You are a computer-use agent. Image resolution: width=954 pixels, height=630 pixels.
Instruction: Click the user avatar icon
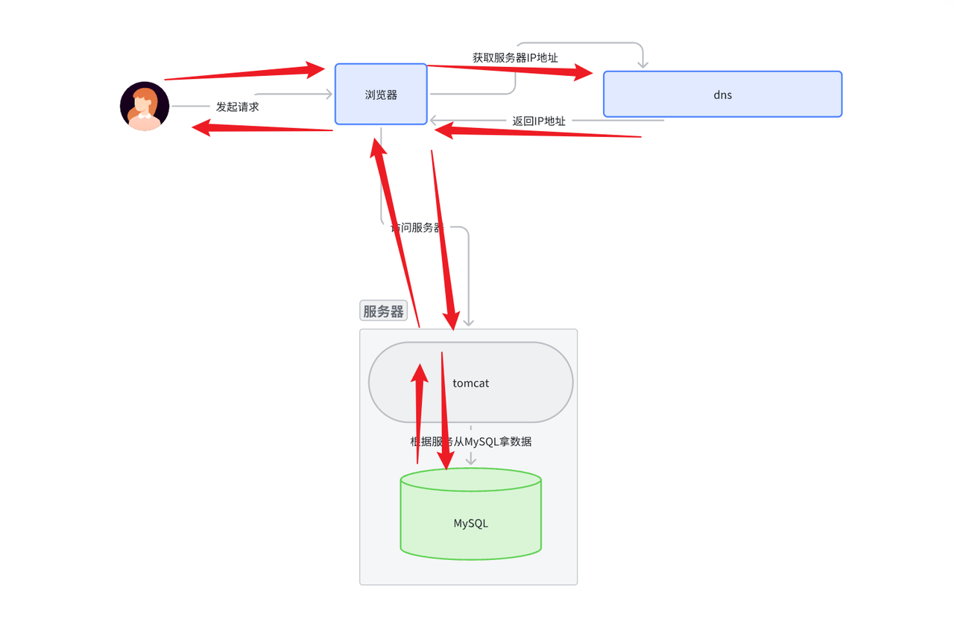145,106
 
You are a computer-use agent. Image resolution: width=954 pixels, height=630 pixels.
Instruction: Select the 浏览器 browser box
381,95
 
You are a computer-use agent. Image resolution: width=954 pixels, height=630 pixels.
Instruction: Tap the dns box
722,95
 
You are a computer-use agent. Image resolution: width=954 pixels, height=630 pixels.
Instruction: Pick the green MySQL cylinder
471,523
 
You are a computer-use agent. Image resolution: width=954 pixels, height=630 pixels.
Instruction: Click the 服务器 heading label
383,311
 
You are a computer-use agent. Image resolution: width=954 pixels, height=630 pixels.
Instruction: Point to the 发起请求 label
237,106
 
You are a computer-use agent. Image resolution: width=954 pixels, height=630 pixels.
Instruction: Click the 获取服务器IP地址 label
515,57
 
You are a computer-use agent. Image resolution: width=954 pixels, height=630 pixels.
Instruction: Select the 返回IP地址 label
538,121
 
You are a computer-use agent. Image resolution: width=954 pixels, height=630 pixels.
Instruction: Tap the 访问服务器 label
417,228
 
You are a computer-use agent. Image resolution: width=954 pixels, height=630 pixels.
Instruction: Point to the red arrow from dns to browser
537,133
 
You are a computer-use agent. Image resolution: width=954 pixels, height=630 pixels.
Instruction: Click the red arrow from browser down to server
442,238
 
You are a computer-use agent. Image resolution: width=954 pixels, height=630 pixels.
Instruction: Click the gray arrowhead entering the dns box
642,65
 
